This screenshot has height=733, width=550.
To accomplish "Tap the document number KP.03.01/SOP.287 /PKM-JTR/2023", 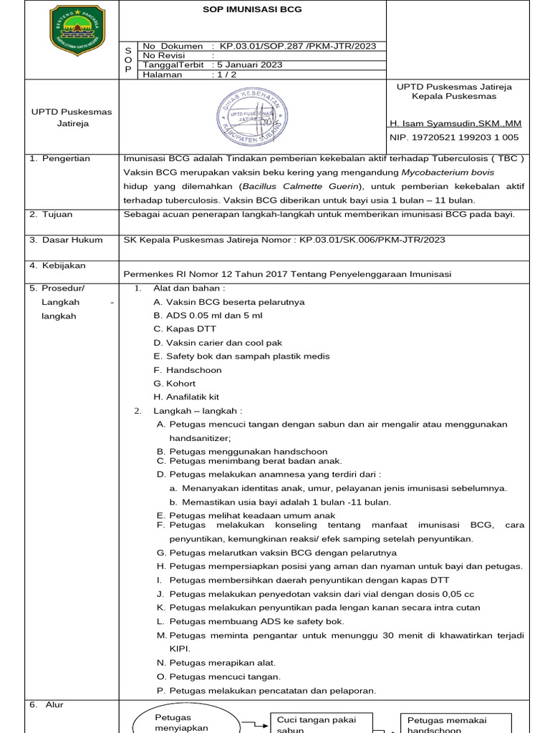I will [x=297, y=46].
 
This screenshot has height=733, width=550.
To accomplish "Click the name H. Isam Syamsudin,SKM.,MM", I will [x=455, y=123].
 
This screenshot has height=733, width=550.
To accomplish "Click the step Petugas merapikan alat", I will [x=222, y=663].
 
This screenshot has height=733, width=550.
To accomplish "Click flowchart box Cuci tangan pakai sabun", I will [x=312, y=722].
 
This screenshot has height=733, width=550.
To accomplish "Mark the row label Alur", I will [x=54, y=705].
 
